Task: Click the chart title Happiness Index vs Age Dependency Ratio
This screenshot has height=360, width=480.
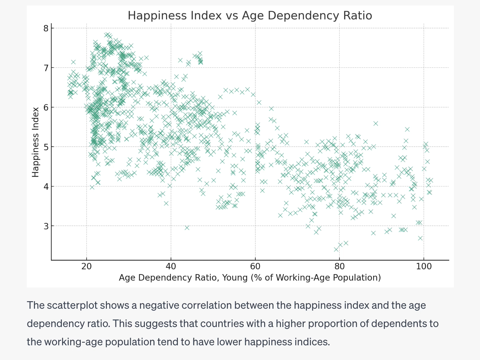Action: [250, 16]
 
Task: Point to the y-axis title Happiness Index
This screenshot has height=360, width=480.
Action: [35, 142]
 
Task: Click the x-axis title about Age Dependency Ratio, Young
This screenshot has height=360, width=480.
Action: [250, 278]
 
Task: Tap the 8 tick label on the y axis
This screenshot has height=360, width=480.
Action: [46, 28]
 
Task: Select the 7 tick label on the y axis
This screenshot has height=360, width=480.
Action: [46, 68]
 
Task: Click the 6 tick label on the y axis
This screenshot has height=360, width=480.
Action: [46, 107]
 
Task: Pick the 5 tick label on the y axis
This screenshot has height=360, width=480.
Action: [46, 147]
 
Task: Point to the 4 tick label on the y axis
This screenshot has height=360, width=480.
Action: [46, 187]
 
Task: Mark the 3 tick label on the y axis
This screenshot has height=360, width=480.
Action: [46, 226]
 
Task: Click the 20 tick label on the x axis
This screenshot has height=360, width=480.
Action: [87, 267]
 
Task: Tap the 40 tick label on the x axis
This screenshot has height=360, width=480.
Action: [171, 267]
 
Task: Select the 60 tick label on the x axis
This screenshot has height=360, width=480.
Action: [255, 267]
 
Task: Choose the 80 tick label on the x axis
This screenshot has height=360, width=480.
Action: [339, 267]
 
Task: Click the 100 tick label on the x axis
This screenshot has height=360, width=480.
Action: [424, 267]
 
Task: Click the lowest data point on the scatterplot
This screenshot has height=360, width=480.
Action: [336, 249]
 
